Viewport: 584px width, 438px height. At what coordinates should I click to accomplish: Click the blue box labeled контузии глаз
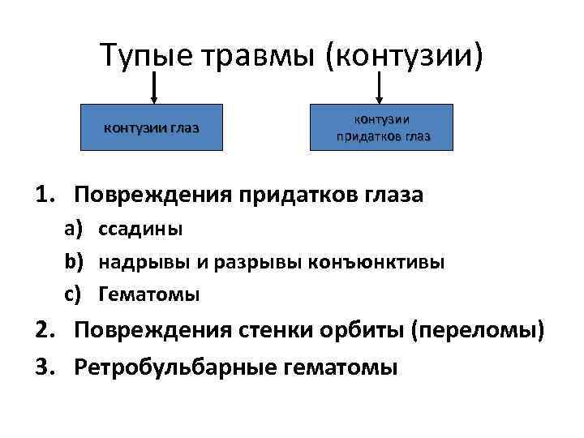coord(151,128)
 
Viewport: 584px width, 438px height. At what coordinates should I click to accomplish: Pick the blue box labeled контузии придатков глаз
coord(383,128)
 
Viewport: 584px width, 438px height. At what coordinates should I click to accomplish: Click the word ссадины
coord(140,230)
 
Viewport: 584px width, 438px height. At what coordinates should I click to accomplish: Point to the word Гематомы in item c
coord(148,294)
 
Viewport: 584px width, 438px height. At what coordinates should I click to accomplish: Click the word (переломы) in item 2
coord(478,333)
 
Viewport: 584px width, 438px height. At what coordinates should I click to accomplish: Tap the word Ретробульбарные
coord(175,367)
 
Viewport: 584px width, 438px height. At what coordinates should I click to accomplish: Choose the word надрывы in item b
coord(135,262)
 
